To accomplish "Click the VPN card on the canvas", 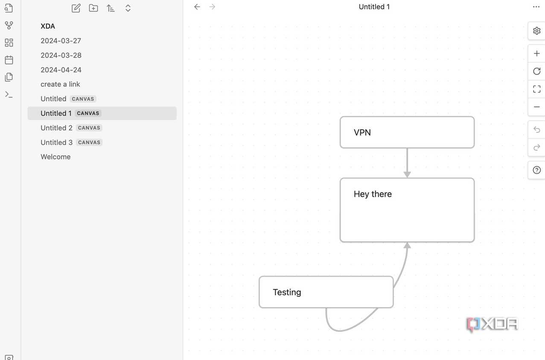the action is tap(407, 132).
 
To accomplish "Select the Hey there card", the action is tap(407, 210).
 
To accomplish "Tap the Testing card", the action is tap(326, 292).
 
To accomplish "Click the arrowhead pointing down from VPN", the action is tap(407, 174).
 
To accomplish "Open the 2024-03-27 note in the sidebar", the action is tap(61, 41).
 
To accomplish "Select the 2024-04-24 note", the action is tap(61, 70).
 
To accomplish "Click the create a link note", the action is tap(60, 84).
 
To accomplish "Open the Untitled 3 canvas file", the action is tap(56, 142).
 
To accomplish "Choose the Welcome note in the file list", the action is tap(55, 157).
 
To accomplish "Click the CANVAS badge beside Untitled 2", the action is tap(89, 128).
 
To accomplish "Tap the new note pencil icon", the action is tap(76, 8).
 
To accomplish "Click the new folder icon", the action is tap(93, 8).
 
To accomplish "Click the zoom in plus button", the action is tap(536, 53).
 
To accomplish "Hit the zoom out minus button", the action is tap(536, 107).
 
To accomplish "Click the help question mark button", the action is tap(536, 170).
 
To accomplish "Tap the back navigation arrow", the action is tap(197, 7).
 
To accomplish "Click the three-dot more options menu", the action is tap(536, 7).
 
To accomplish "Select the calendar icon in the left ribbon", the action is tap(9, 60).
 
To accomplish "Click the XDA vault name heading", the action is tap(48, 26).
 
